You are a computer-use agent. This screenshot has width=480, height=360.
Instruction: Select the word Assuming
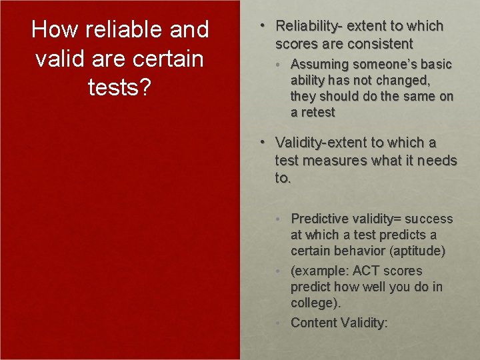click(319, 65)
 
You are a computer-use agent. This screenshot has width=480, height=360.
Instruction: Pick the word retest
click(318, 113)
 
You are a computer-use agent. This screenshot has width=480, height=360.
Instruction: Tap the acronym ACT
click(366, 271)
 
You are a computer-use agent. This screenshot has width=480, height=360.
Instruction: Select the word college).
click(315, 303)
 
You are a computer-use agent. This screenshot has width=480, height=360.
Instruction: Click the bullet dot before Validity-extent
click(263, 142)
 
